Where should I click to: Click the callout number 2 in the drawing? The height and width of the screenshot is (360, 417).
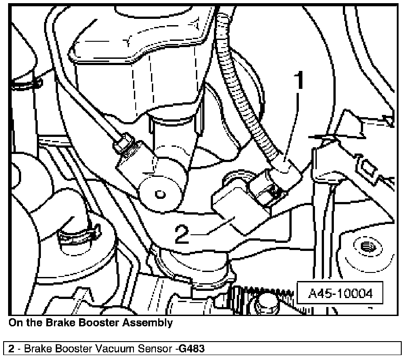point(182,234)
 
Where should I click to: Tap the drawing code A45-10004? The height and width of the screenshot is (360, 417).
point(340,294)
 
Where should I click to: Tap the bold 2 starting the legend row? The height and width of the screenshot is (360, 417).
point(10,348)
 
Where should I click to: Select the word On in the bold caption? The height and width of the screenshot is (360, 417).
point(16,322)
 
